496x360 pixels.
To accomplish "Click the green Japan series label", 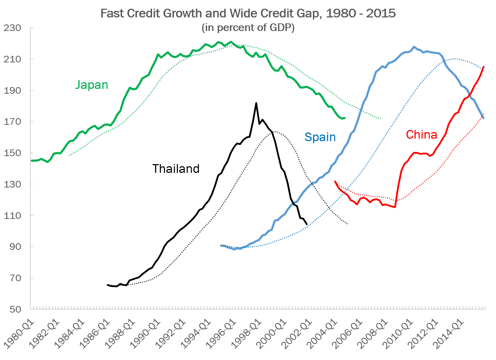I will point(92,85).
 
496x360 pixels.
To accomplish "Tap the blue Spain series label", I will point(320,137).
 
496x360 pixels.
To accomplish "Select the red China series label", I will point(421,135).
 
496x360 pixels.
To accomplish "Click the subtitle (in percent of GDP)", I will point(248,28).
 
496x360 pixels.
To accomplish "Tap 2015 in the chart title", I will point(383,14).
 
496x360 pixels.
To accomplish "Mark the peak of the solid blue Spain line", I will point(414,47).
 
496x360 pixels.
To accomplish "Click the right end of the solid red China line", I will point(484,67).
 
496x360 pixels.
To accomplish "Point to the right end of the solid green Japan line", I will point(344,118).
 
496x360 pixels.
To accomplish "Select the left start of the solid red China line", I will point(335,181).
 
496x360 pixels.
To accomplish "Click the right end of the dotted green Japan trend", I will point(381,118).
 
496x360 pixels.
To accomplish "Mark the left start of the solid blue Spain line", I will point(221,246).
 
